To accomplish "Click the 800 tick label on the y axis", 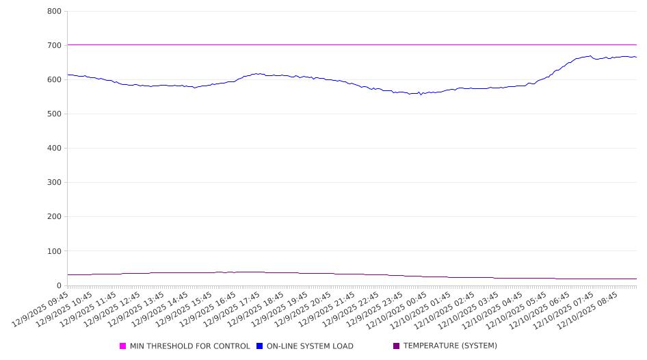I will coord(55,12).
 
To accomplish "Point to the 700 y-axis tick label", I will coord(55,46).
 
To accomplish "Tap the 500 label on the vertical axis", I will coord(55,114).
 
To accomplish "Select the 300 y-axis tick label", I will coord(55,183).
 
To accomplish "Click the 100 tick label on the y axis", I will coord(55,251).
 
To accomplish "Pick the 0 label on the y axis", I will coord(59,285).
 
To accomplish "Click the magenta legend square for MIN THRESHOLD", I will coord(123,346).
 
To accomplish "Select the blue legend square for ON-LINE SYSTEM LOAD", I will coord(260,346).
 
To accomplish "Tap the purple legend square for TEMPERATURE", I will coord(397,346).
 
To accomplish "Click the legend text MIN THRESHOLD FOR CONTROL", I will coord(189,346).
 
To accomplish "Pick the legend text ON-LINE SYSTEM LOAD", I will coord(310,346).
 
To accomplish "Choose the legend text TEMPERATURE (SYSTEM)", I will coord(450,346).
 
